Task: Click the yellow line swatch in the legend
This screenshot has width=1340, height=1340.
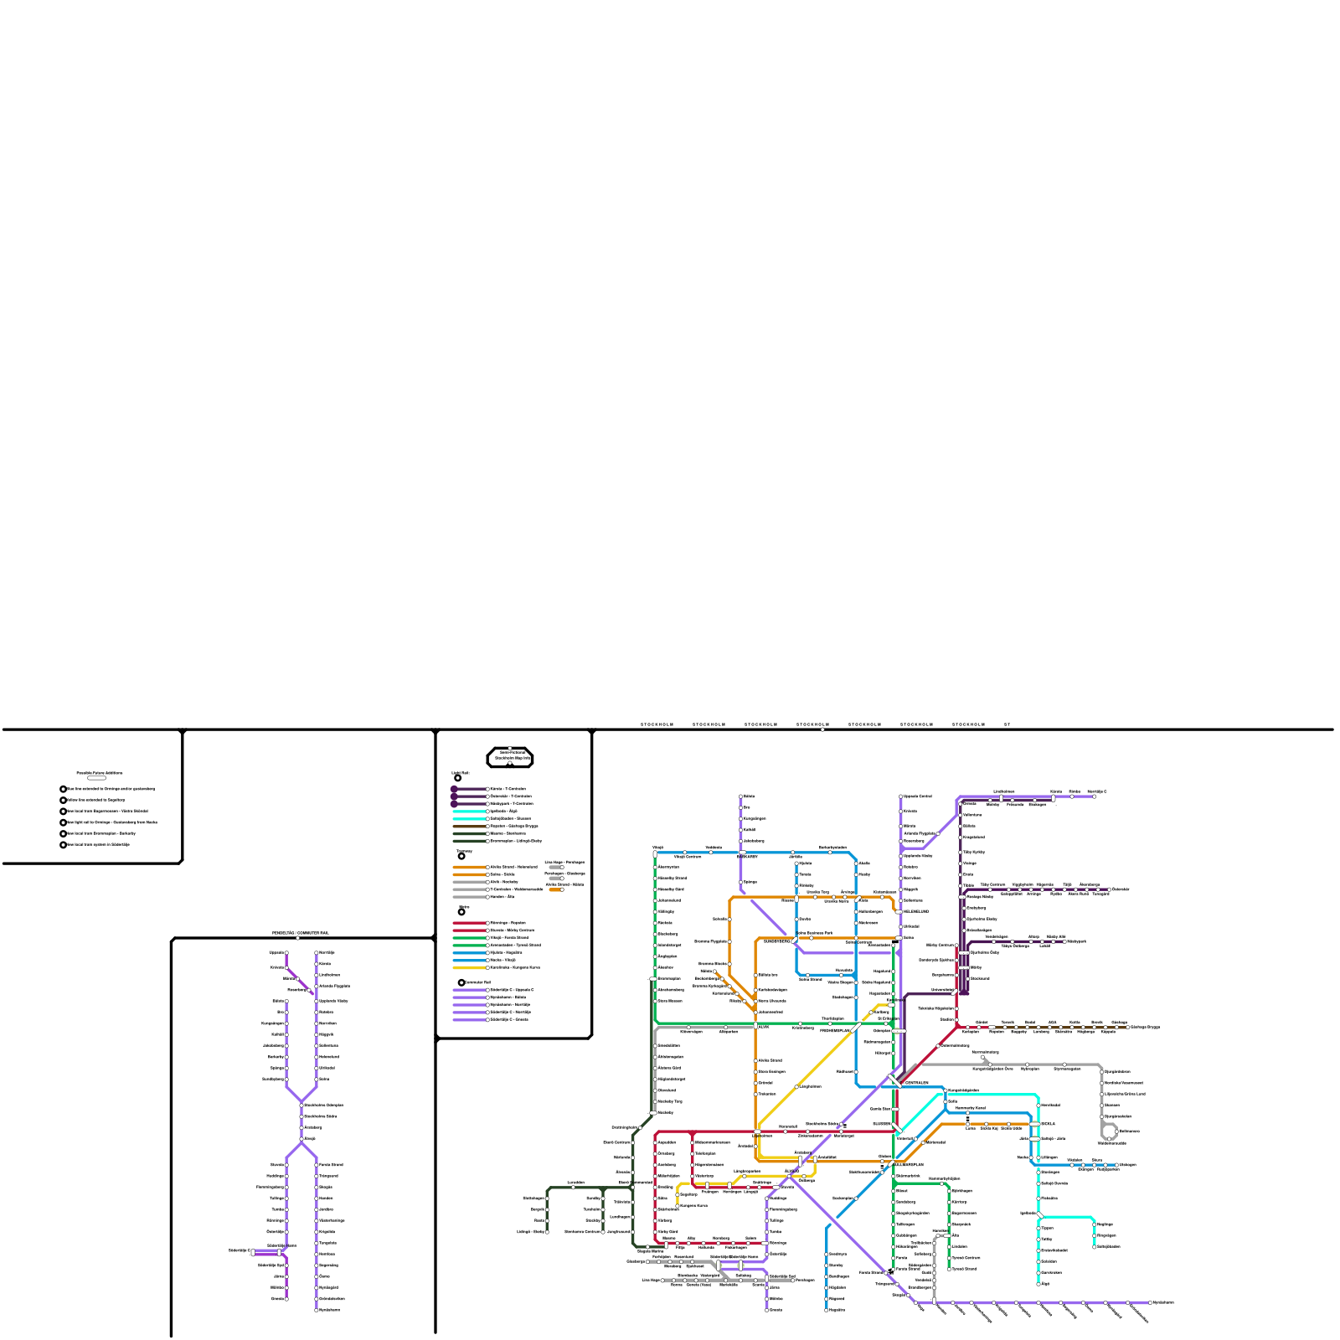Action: (x=469, y=967)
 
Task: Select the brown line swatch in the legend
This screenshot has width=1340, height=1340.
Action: (x=469, y=826)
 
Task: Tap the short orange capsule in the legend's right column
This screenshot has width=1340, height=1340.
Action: (x=555, y=889)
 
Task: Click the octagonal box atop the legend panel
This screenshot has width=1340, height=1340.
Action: (x=510, y=758)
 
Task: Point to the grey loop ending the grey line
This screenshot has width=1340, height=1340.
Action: (x=1110, y=1131)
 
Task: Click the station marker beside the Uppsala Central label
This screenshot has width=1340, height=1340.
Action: (x=901, y=796)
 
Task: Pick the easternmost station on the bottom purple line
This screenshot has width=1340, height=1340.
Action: (x=1151, y=1303)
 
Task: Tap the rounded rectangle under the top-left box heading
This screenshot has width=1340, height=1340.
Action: (x=96, y=778)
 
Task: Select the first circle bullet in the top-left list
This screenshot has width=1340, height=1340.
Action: (x=63, y=789)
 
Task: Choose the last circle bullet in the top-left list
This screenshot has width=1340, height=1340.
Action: (x=63, y=844)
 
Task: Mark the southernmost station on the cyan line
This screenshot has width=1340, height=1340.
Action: (x=1038, y=1283)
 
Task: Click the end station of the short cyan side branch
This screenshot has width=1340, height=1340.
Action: (x=1095, y=1246)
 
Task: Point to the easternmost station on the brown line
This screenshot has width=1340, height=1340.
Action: (x=1127, y=1027)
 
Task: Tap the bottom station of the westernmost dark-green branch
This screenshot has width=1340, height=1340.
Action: (x=547, y=1231)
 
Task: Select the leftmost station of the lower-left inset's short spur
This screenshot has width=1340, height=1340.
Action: (x=252, y=1252)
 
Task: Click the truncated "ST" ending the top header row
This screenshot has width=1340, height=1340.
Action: (x=1008, y=724)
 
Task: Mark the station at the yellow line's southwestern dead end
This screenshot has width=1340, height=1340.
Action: (x=678, y=1204)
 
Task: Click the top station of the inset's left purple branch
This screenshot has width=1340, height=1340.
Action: (x=286, y=953)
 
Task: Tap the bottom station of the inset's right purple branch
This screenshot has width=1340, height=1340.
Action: (x=317, y=1310)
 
